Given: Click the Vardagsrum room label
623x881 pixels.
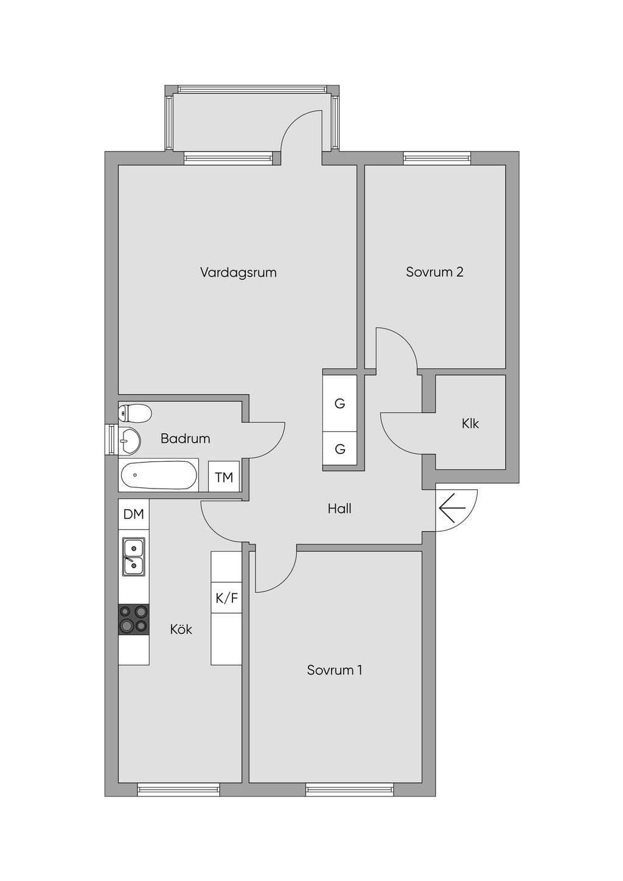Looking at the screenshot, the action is click(x=238, y=273).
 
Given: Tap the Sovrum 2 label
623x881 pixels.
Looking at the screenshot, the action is click(x=434, y=272).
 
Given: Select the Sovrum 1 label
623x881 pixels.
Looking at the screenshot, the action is click(x=334, y=670).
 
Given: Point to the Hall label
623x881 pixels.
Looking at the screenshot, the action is click(x=339, y=509).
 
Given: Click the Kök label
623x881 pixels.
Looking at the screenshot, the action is click(x=181, y=629).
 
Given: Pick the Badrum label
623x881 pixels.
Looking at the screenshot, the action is click(x=185, y=439).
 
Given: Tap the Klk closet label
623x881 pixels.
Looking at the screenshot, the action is click(x=470, y=423).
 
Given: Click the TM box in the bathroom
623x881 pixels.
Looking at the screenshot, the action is click(x=224, y=476).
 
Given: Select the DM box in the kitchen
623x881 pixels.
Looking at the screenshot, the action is click(x=134, y=514).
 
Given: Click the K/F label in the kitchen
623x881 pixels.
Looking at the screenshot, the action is click(x=226, y=598).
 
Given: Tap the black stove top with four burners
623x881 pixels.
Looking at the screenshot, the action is click(x=134, y=619).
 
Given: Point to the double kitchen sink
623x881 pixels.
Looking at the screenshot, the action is click(x=134, y=557).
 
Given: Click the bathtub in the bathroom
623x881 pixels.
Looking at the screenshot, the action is click(x=159, y=475).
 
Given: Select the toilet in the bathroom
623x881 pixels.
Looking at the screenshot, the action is click(x=134, y=413).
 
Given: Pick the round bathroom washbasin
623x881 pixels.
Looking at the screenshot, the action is click(x=130, y=441).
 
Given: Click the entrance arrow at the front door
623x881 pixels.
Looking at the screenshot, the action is click(x=452, y=508).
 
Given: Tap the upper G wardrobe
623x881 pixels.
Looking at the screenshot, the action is click(x=340, y=403).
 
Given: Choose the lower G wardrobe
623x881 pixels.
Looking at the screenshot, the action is click(x=340, y=448).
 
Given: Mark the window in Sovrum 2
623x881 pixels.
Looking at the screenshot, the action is click(x=437, y=158).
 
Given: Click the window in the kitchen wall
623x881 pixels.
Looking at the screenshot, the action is click(x=178, y=789).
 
